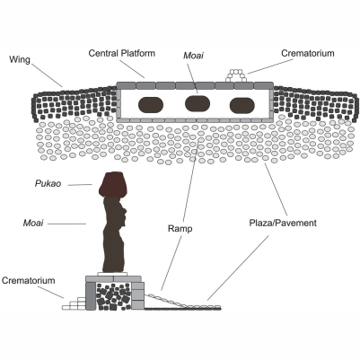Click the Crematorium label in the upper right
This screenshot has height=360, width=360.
(306, 53)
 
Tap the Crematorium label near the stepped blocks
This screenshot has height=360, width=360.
(31, 282)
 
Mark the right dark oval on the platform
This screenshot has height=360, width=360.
(243, 103)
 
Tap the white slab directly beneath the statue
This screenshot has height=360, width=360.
(116, 276)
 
